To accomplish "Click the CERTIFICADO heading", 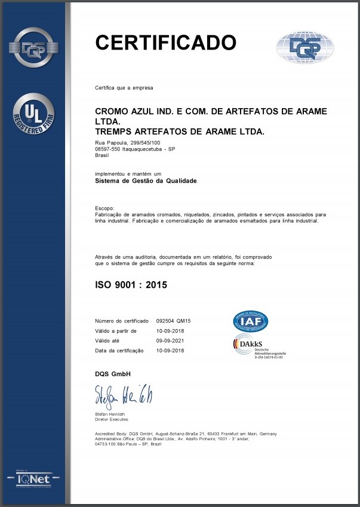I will [166, 42].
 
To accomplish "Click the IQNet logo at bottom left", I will [33, 479].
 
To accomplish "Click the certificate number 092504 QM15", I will [173, 321].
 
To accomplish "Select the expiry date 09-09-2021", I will [170, 340].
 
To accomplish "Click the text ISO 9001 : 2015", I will [131, 285].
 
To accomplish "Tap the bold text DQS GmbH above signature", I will [113, 373].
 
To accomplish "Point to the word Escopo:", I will [104, 208].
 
